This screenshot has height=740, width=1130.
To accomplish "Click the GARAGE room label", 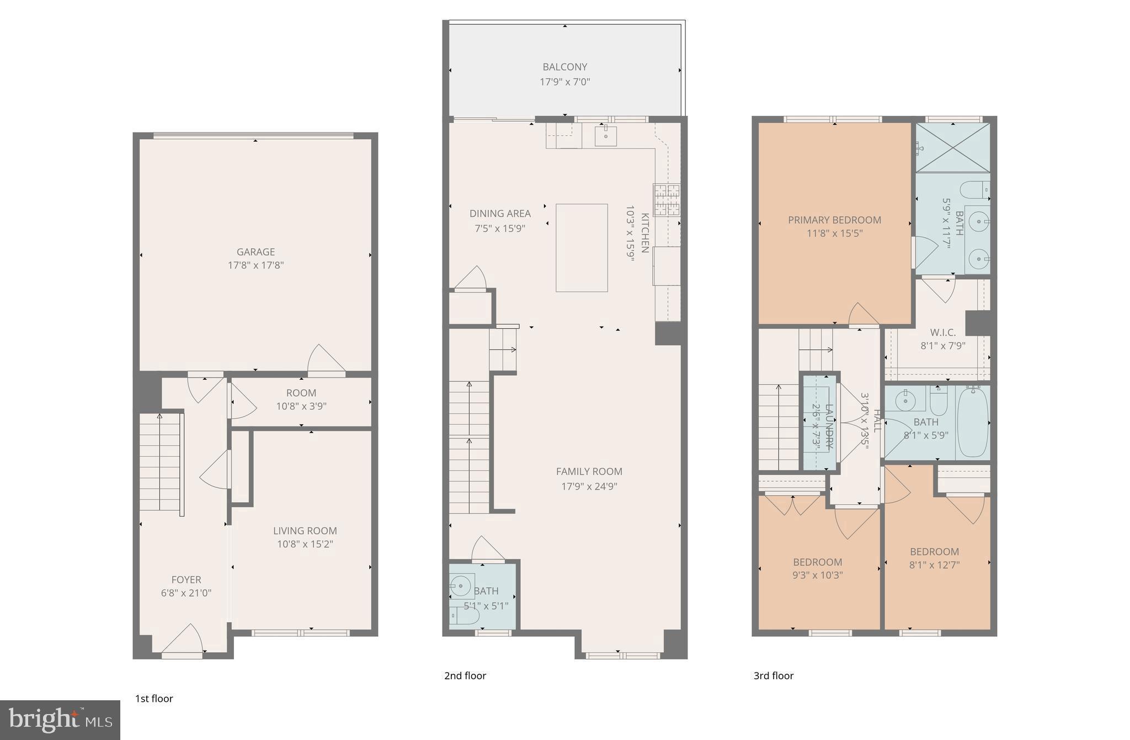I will (255, 252).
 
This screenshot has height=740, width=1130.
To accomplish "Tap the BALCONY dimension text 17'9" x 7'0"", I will (564, 82).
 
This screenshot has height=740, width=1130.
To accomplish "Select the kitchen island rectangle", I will (582, 248).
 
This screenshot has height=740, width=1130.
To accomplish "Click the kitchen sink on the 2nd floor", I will (605, 136).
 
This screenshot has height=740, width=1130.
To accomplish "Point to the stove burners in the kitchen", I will (667, 199).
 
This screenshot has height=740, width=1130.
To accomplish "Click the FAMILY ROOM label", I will (589, 472).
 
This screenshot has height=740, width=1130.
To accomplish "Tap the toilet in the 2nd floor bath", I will (464, 616).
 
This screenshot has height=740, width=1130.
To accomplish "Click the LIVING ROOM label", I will (305, 531).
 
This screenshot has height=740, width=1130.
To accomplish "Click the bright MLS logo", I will (60, 720).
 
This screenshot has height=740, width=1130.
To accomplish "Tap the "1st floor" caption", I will (154, 699).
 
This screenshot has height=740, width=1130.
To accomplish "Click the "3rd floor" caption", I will (774, 675).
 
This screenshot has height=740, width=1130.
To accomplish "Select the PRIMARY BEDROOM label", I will (834, 220).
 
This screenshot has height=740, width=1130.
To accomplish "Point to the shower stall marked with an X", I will (953, 147).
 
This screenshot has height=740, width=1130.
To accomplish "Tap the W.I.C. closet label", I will (942, 333).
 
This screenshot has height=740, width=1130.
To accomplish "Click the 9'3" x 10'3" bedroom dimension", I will (817, 575).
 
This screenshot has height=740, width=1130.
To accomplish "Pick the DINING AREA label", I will (500, 214).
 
